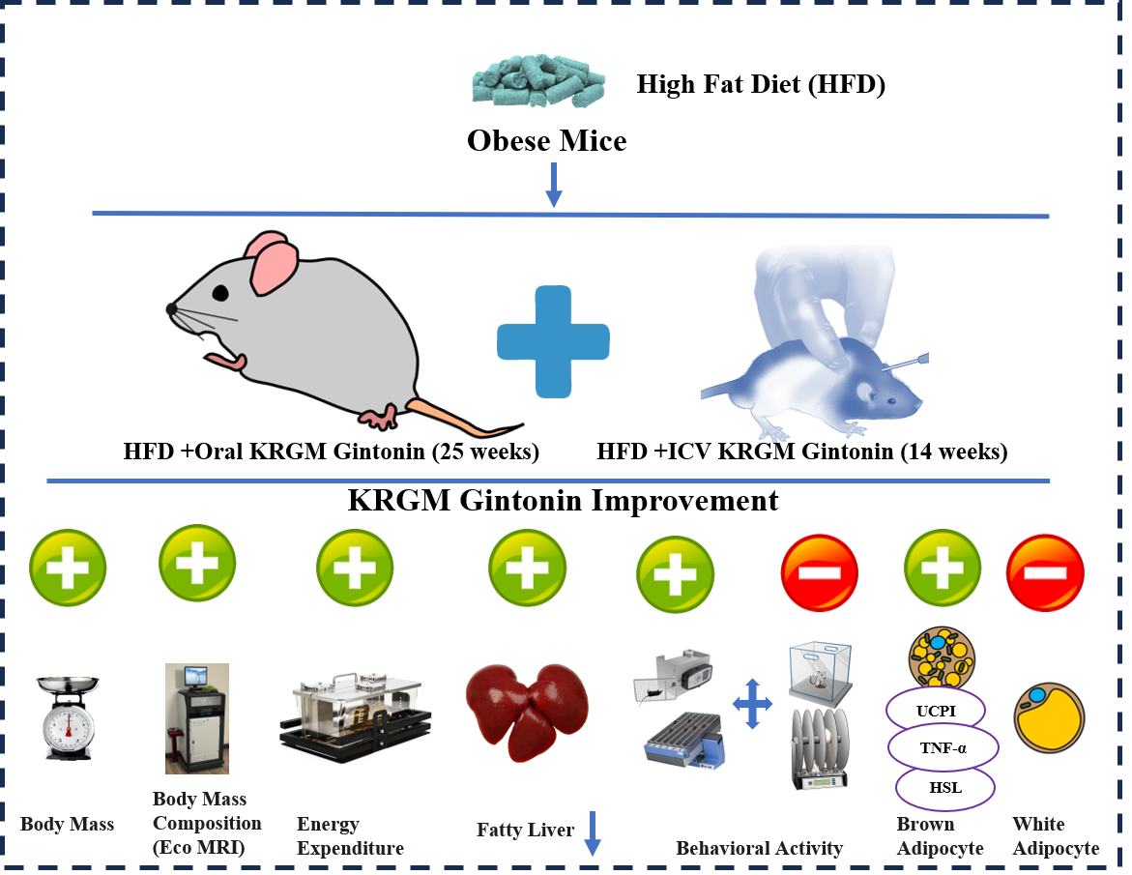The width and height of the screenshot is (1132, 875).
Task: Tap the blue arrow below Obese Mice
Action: click(553, 184)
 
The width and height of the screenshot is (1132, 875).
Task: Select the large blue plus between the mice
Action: click(553, 340)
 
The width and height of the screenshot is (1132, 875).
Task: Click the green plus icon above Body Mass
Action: click(68, 569)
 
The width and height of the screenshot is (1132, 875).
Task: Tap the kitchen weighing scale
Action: click(67, 715)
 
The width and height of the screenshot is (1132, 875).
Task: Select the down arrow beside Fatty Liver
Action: click(593, 832)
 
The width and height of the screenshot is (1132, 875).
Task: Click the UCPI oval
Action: click(937, 712)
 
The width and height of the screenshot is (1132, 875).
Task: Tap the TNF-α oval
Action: click(942, 748)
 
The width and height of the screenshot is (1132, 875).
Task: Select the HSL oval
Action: click(944, 787)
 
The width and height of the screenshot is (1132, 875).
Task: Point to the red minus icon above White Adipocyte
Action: click(1045, 572)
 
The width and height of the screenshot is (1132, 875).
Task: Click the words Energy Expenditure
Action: click(350, 836)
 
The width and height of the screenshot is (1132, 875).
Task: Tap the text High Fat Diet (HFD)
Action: click(761, 84)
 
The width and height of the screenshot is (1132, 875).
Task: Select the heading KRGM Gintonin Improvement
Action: click(563, 501)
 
